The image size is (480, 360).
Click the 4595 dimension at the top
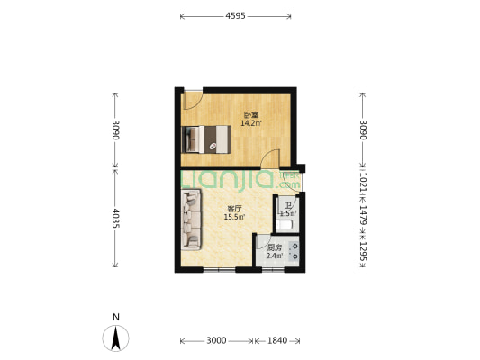pyautogui.click(x=235, y=16)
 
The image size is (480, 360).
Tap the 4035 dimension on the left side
pyautogui.click(x=115, y=218)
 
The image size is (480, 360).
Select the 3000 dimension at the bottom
pyautogui.click(x=216, y=340)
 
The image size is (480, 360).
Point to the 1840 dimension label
pyautogui.click(x=277, y=340)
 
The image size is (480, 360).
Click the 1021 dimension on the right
pyautogui.click(x=363, y=183)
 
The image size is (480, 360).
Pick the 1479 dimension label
pyautogui.click(x=363, y=215)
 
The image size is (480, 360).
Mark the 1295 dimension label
pyautogui.click(x=363, y=251)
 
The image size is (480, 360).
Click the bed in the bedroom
pyautogui.click(x=206, y=139)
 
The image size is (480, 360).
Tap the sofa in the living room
pyautogui.click(x=191, y=220)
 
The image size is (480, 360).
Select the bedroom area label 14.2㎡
pyautogui.click(x=251, y=123)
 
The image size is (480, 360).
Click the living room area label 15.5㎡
pyautogui.click(x=234, y=217)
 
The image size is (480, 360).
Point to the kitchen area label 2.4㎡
pyautogui.click(x=275, y=256)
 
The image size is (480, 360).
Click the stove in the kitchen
pyautogui.click(x=294, y=251)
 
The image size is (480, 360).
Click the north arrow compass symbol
pyautogui.click(x=115, y=338)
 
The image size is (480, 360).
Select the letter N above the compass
pyautogui.click(x=115, y=317)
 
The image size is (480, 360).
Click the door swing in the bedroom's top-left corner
pyautogui.click(x=192, y=100)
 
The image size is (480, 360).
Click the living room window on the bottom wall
pyautogui.click(x=219, y=270)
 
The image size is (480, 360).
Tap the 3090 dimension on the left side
pyautogui.click(x=115, y=130)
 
